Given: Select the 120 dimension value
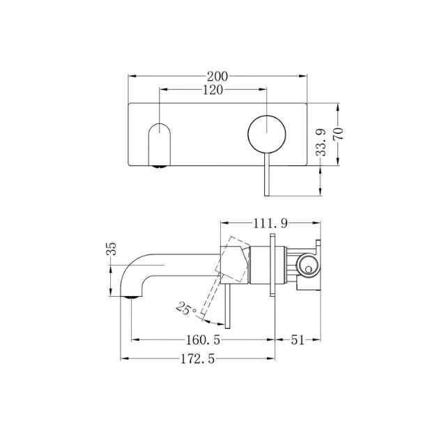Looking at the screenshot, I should [213, 90].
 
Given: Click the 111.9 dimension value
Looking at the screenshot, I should [270, 224].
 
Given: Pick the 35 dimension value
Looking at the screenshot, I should [111, 249].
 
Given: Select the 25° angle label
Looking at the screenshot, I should [185, 307].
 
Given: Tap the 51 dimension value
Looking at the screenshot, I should [298, 341].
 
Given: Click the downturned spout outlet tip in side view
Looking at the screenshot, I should [127, 295].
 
